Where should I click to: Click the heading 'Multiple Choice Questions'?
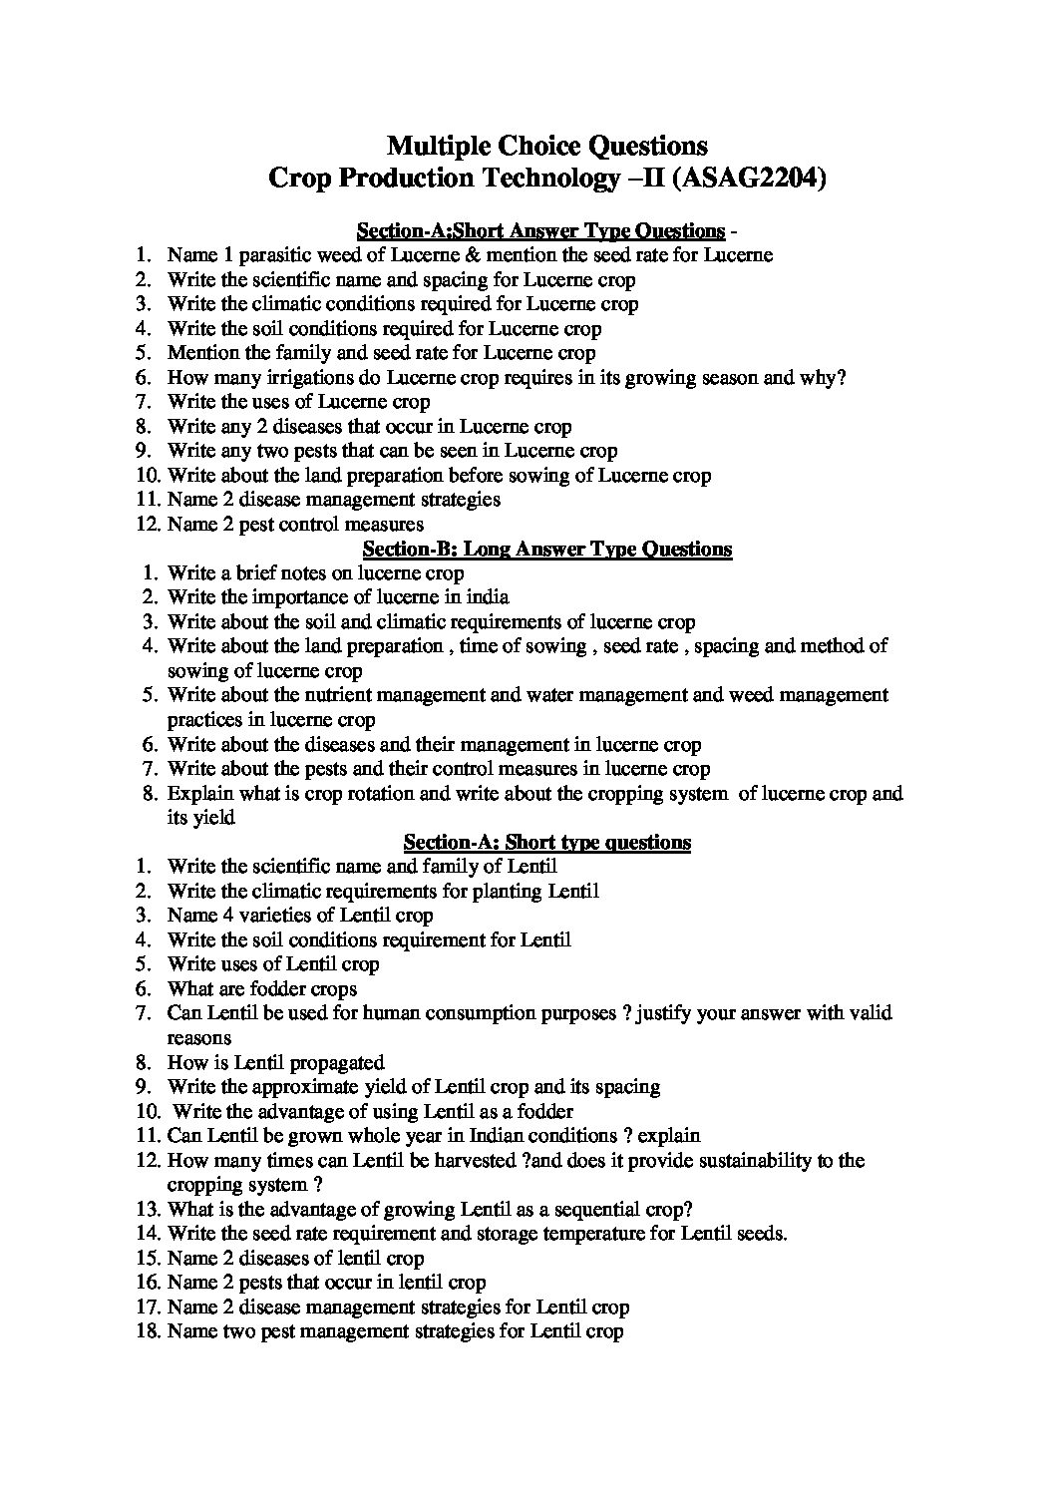pos(546,147)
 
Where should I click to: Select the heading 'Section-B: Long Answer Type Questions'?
pos(546,549)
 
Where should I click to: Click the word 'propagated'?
pos(336,1063)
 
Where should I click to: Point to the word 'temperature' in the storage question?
pos(626,1234)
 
